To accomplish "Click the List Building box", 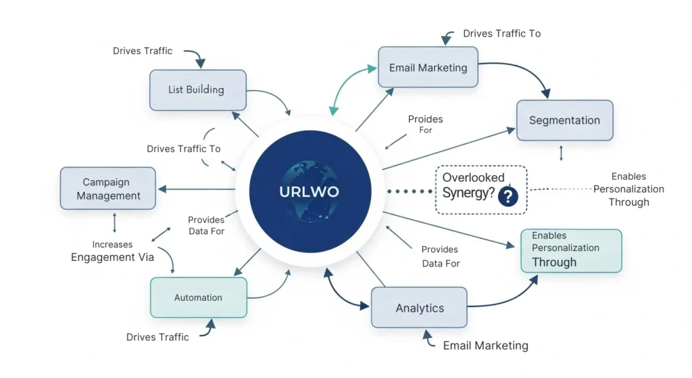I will (197, 90).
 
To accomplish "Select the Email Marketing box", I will (428, 68).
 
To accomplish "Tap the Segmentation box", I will (564, 120).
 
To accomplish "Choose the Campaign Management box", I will (108, 189).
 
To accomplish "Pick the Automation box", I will (198, 298).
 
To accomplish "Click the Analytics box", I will (420, 308).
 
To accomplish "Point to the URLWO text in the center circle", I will (310, 191).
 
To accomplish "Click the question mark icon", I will (508, 197).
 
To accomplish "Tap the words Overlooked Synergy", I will (472, 185).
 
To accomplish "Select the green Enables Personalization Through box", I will (570, 250).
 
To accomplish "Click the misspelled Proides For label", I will (425, 124).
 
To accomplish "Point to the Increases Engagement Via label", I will (113, 251).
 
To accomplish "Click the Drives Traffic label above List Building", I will (143, 51).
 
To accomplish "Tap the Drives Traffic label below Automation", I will (157, 337).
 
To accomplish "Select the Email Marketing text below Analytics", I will (485, 346).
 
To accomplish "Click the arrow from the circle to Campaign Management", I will (196, 189).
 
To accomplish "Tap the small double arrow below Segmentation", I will (562, 153).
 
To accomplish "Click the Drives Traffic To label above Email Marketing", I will (501, 33).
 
